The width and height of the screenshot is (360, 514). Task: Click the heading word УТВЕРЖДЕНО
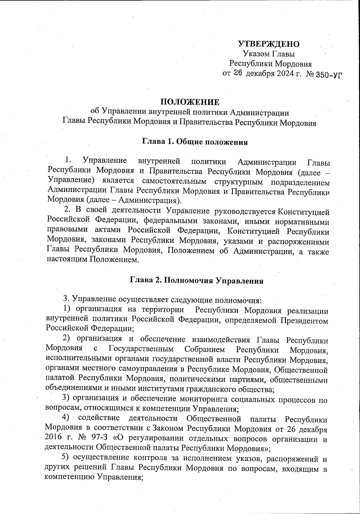pyautogui.click(x=269, y=44)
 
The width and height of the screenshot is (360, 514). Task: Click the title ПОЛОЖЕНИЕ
pyautogui.click(x=190, y=102)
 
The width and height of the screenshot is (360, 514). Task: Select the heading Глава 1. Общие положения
pyautogui.click(x=195, y=142)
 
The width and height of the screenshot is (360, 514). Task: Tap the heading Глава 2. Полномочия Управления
pyautogui.click(x=196, y=281)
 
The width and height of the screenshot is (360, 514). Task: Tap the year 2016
pyautogui.click(x=54, y=438)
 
